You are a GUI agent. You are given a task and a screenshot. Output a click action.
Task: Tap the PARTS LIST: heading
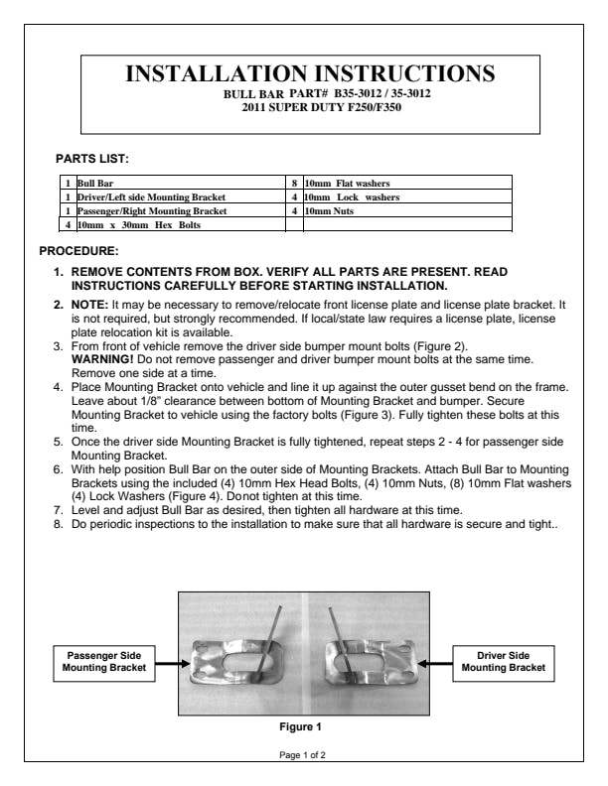coord(92,158)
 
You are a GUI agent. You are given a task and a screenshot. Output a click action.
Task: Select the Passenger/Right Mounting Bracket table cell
coord(152,211)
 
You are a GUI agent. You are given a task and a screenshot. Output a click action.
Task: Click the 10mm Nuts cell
coord(331,211)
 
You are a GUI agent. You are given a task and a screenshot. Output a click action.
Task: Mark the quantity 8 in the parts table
coord(295,183)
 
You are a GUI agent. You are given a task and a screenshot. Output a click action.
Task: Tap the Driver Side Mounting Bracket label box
coord(504,663)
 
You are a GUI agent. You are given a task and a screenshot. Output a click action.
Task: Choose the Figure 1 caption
coord(302,725)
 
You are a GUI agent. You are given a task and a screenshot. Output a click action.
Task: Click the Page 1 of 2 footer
coord(303,755)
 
